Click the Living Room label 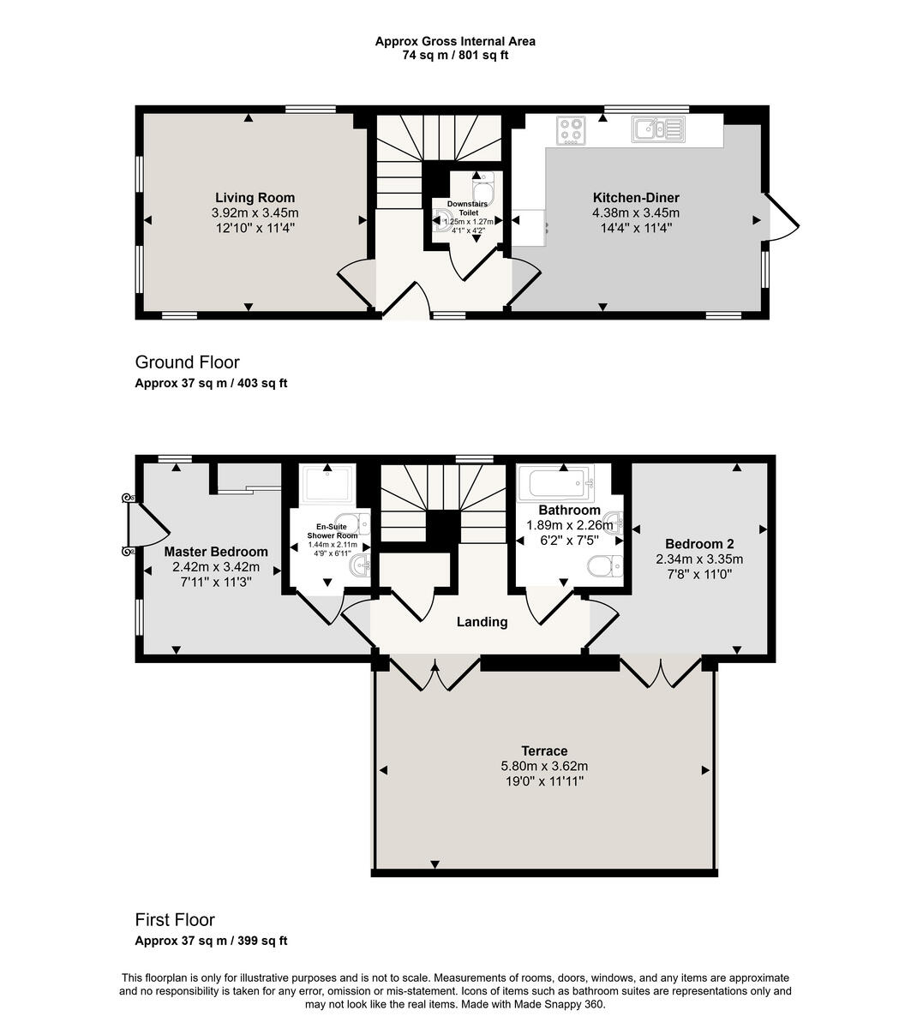pyautogui.click(x=255, y=198)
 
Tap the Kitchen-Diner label pyautogui.click(x=635, y=198)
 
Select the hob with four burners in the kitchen pyautogui.click(x=571, y=129)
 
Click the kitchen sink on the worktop pyautogui.click(x=657, y=129)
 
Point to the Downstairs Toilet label pyautogui.click(x=467, y=208)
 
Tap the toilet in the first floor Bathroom pyautogui.click(x=604, y=565)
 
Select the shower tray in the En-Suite pyautogui.click(x=329, y=485)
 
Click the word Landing pyautogui.click(x=482, y=622)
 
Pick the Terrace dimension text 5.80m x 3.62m pyautogui.click(x=545, y=767)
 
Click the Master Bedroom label pyautogui.click(x=216, y=552)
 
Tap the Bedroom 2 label pyautogui.click(x=699, y=544)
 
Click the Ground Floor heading pyautogui.click(x=187, y=362)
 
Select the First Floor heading pyautogui.click(x=175, y=919)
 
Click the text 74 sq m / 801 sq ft pyautogui.click(x=455, y=56)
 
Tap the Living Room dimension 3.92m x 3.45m pyautogui.click(x=255, y=213)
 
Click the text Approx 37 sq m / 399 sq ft pyautogui.click(x=211, y=941)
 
